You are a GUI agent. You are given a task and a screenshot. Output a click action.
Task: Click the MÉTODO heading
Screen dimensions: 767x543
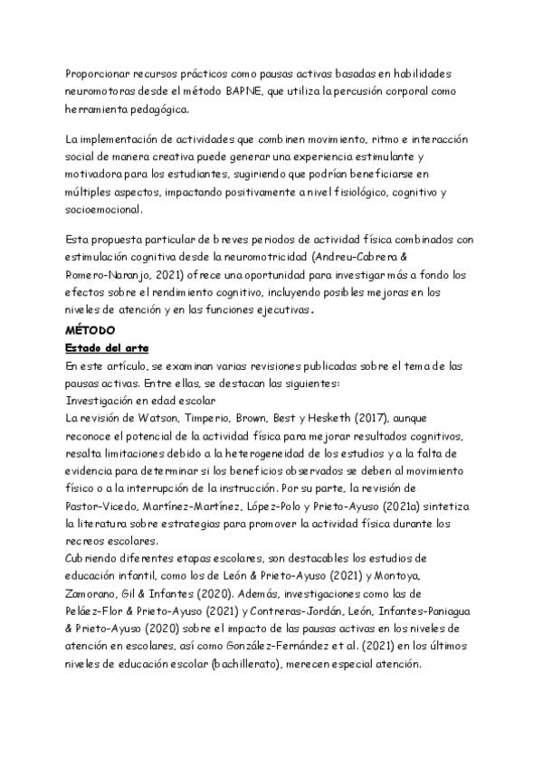90,331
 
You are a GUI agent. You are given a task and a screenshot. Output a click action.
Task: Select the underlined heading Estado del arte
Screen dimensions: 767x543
107,348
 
